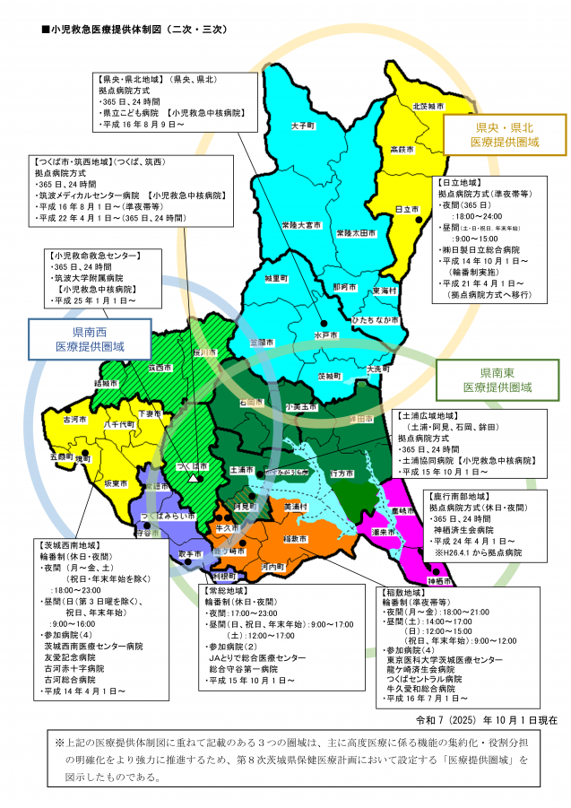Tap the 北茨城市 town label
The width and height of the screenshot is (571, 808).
tap(428, 106)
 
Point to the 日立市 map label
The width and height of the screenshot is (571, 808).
tap(405, 208)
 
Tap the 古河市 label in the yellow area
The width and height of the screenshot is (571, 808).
tap(75, 419)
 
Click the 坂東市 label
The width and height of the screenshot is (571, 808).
tap(116, 482)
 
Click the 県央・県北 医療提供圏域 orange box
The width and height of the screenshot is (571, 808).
tap(505, 135)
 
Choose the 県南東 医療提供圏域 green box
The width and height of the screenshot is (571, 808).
tap(497, 379)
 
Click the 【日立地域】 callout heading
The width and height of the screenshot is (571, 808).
tap(465, 181)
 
